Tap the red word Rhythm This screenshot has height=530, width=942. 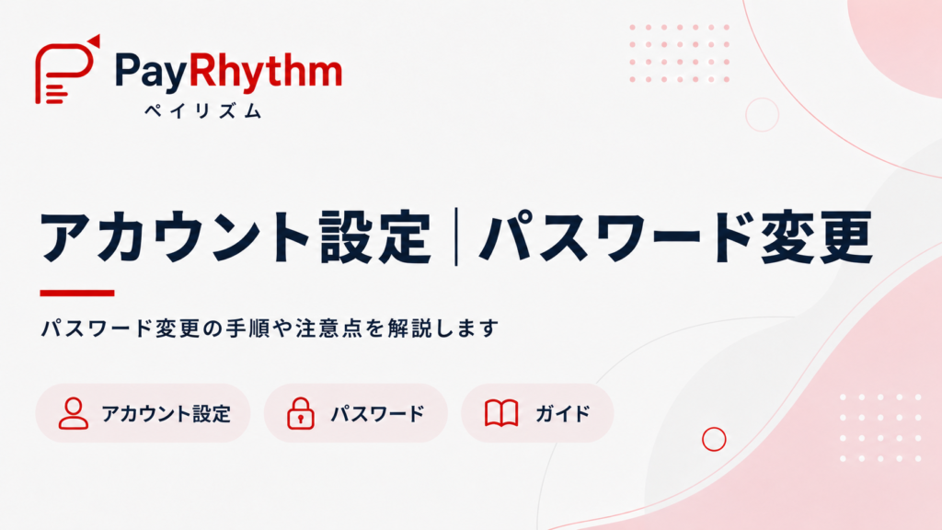(266, 70)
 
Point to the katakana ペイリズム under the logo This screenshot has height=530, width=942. (203, 110)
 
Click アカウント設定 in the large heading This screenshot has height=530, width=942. (235, 236)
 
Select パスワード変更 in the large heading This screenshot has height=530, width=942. (676, 236)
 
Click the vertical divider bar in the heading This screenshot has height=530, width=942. (456, 236)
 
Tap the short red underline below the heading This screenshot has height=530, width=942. (77, 293)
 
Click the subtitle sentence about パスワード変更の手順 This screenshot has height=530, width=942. (270, 328)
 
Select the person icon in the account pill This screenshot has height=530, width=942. (74, 413)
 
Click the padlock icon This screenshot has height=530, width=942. (301, 413)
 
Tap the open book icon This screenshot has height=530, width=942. (501, 413)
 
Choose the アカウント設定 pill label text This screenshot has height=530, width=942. (167, 413)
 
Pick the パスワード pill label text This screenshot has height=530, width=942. (378, 413)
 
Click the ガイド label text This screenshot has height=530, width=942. (563, 413)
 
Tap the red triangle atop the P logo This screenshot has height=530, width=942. (94, 40)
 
